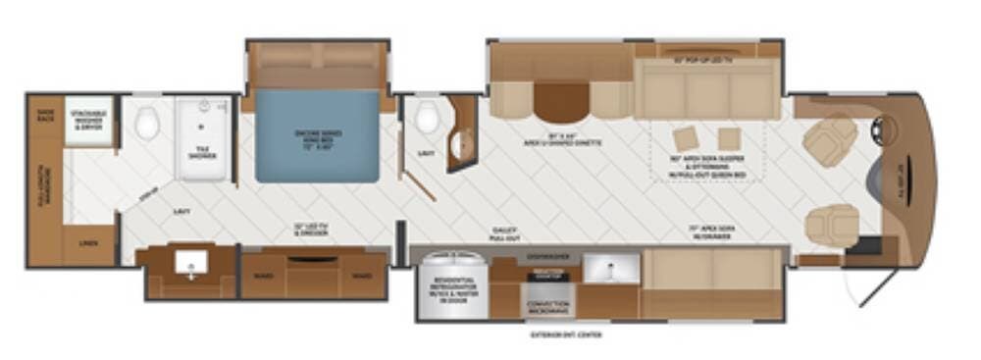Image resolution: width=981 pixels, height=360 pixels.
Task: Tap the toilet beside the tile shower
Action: [148, 123]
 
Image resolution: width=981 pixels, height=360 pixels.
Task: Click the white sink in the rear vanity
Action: [190, 262]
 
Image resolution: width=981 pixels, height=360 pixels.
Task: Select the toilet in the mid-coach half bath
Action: [426, 119]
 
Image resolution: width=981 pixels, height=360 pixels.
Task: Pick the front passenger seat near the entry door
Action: [831, 225]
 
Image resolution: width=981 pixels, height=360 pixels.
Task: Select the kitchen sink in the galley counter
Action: [610, 267]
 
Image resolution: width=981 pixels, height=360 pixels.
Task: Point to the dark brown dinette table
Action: [561, 101]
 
